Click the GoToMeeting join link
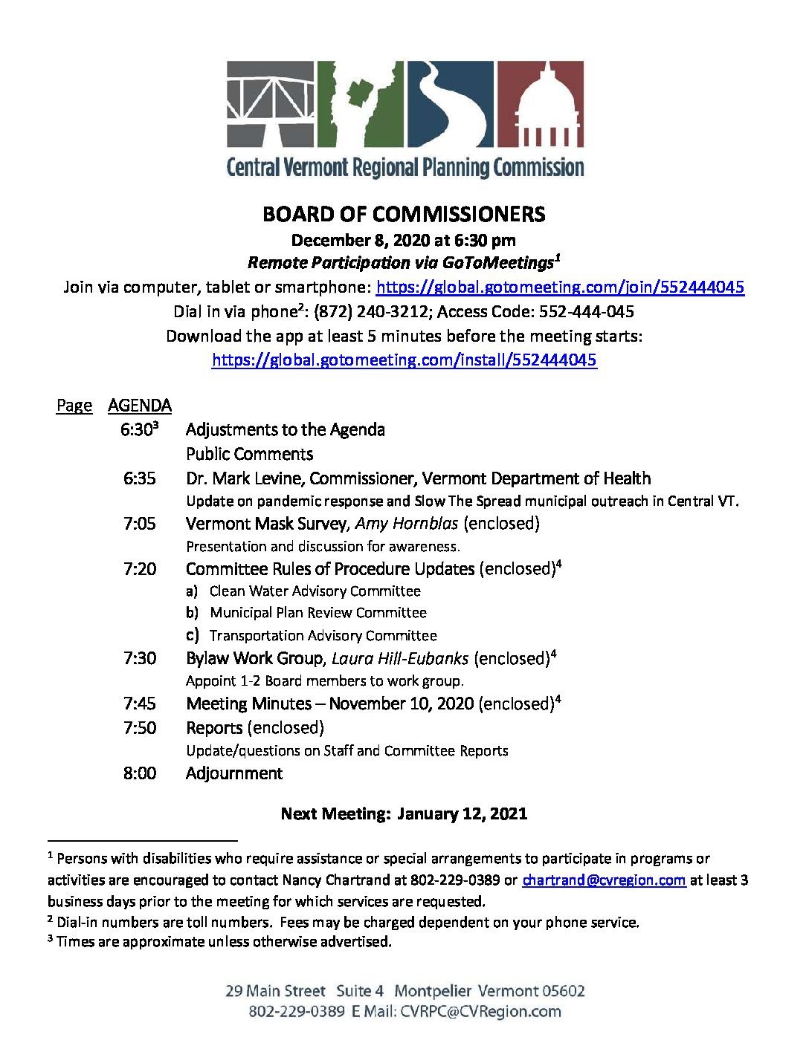point(560,288)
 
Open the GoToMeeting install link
point(404,360)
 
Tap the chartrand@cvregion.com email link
point(603,880)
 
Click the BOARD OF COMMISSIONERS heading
point(404,215)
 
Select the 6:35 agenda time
point(140,478)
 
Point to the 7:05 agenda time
point(140,524)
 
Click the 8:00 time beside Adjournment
point(140,773)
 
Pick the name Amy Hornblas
point(407,524)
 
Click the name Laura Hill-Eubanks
point(400,659)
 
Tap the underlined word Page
point(74,406)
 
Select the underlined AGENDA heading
point(140,406)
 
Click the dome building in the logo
point(541,104)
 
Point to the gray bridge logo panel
point(270,104)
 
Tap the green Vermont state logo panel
point(360,104)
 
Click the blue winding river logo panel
point(450,104)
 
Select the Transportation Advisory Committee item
point(323,636)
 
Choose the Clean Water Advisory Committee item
point(315,591)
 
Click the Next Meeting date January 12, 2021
point(462,814)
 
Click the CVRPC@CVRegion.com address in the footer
point(480,1012)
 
